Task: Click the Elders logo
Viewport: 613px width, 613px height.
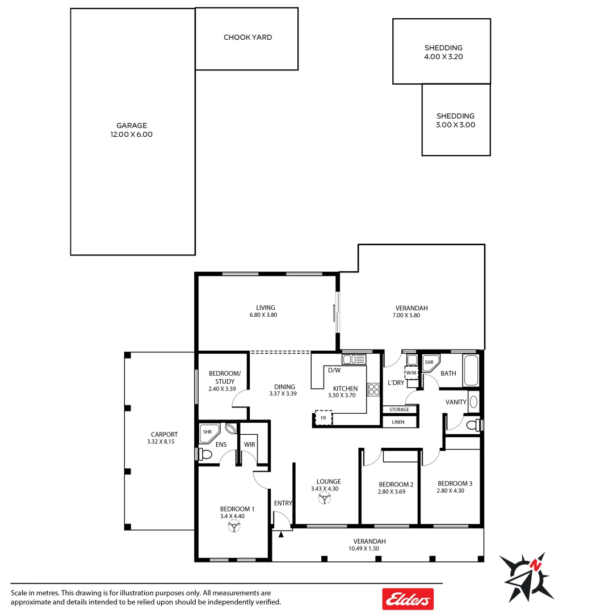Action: point(408,599)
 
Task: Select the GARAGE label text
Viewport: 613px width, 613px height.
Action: point(132,125)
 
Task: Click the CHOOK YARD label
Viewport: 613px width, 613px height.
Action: point(247,37)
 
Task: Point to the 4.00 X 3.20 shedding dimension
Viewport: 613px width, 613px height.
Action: point(443,57)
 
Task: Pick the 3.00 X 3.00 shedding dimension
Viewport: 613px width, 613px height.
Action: point(455,125)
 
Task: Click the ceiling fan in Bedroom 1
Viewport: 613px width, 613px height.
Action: point(233,527)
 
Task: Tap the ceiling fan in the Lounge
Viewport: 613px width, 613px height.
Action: point(325,498)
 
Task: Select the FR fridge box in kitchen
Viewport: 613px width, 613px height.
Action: point(324,418)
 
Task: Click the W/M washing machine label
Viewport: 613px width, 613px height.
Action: point(411,373)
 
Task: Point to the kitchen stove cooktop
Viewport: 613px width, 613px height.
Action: point(374,389)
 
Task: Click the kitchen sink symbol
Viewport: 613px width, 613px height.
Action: point(354,359)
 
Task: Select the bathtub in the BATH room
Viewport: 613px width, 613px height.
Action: point(471,371)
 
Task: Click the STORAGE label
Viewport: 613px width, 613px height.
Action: point(399,409)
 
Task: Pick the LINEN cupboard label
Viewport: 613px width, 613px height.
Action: point(398,422)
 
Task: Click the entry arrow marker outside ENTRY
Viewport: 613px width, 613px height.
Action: point(281,534)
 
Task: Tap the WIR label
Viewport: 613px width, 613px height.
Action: point(249,444)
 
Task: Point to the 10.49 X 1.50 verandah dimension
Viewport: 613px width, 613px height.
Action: point(363,548)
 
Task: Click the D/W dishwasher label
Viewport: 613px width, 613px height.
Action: point(334,371)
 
